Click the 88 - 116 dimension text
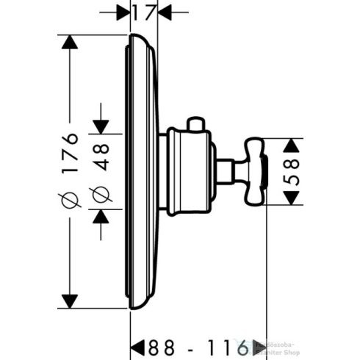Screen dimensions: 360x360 pos(193,345)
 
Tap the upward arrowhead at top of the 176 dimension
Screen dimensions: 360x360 pos(70,43)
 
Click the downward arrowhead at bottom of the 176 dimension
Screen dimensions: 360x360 pos(70,301)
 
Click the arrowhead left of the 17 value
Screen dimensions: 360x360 pos(124,12)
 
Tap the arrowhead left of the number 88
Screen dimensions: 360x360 pos(137,345)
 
